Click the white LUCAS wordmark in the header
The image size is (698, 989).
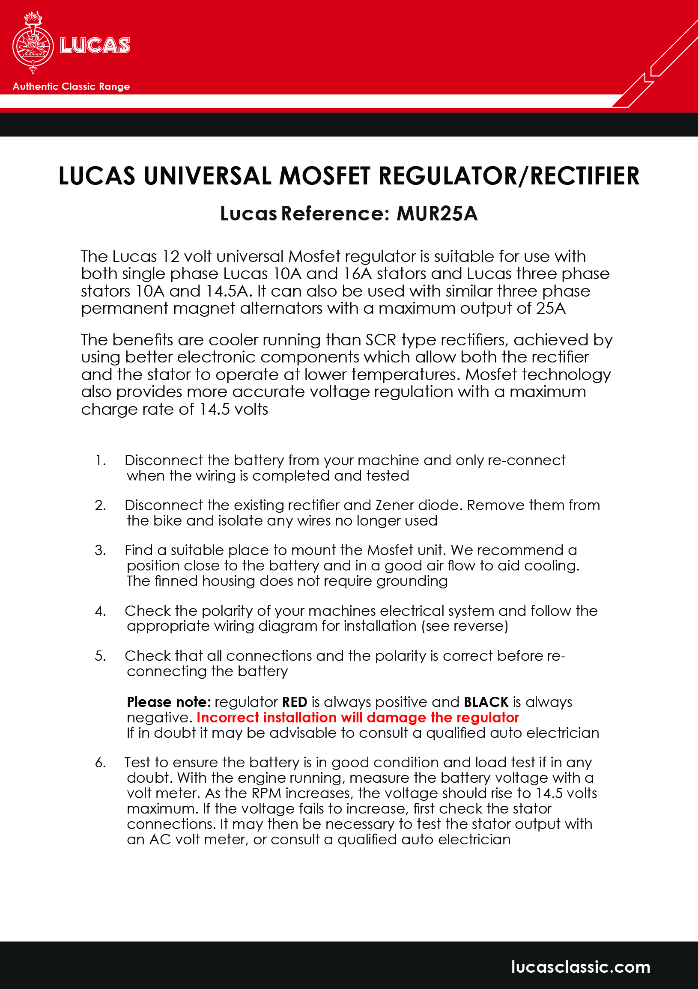(x=95, y=46)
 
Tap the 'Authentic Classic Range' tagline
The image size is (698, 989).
(x=71, y=86)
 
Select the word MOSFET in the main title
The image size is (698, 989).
(x=324, y=176)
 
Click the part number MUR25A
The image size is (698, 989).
(x=437, y=214)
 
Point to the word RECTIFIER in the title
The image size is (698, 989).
(x=585, y=176)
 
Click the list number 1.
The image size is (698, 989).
(x=100, y=460)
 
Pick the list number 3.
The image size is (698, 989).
(x=100, y=550)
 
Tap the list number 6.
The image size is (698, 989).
(x=100, y=763)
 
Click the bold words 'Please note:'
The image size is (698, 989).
(x=169, y=702)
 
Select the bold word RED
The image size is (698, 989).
(x=295, y=702)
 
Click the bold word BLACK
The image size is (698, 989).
(x=486, y=702)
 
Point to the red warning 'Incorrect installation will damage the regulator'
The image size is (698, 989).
(x=358, y=718)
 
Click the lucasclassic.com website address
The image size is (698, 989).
(x=580, y=967)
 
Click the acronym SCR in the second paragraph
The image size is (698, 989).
(x=381, y=340)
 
